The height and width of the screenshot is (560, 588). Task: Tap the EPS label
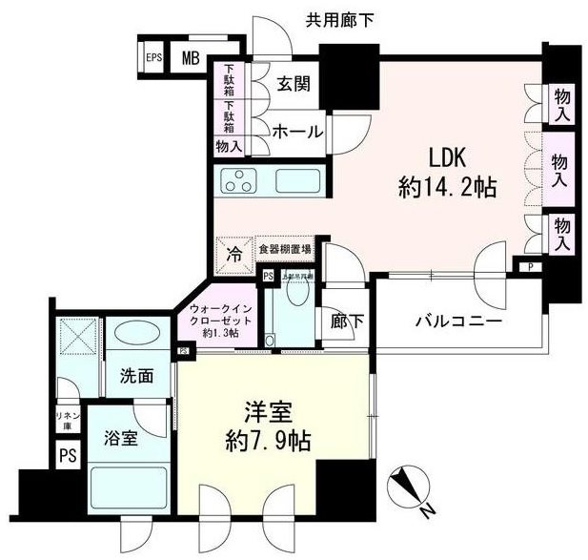point(152,57)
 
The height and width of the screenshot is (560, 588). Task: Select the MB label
point(191,57)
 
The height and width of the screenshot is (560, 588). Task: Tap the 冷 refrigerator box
point(233,253)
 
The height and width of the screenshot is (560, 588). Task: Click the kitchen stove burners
point(238,178)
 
